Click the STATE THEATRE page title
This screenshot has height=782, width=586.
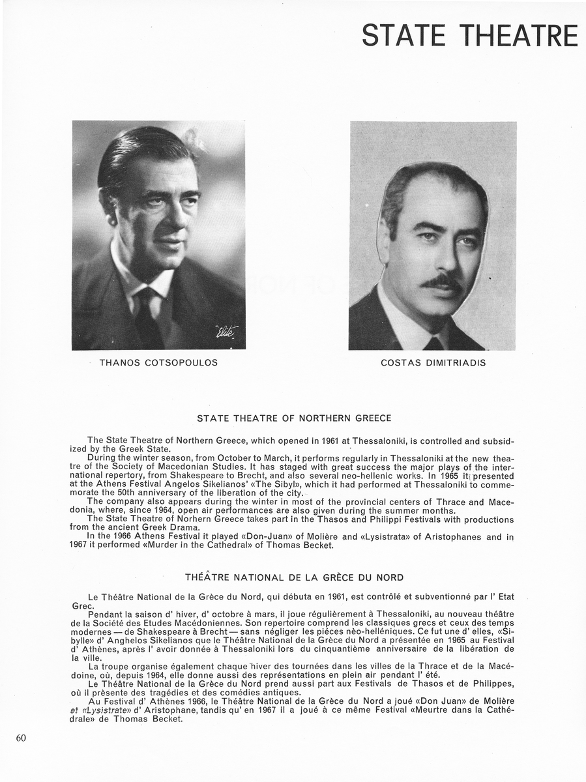click(469, 35)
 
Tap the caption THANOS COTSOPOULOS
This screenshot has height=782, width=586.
click(158, 362)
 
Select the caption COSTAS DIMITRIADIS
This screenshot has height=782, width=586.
click(433, 362)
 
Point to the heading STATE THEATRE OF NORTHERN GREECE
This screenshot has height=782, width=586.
click(294, 418)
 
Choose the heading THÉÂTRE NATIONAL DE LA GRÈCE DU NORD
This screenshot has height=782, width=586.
click(294, 577)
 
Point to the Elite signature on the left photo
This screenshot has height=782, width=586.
click(227, 332)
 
